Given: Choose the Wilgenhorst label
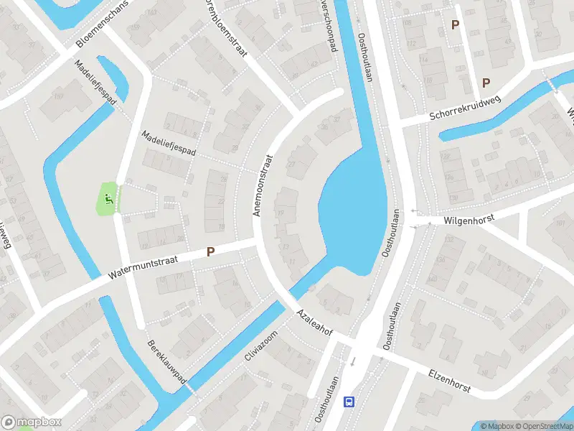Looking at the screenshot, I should click(x=470, y=215).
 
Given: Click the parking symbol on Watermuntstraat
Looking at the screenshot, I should click(x=211, y=252).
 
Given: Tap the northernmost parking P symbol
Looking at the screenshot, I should click(x=455, y=25).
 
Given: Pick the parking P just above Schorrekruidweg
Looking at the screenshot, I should click(x=486, y=83).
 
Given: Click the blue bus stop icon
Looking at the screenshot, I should click(x=349, y=402).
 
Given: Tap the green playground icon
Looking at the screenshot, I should click(x=108, y=199).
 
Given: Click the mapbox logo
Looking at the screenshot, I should click(x=32, y=422).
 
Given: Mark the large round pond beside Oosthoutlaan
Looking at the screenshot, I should click(x=352, y=215).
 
